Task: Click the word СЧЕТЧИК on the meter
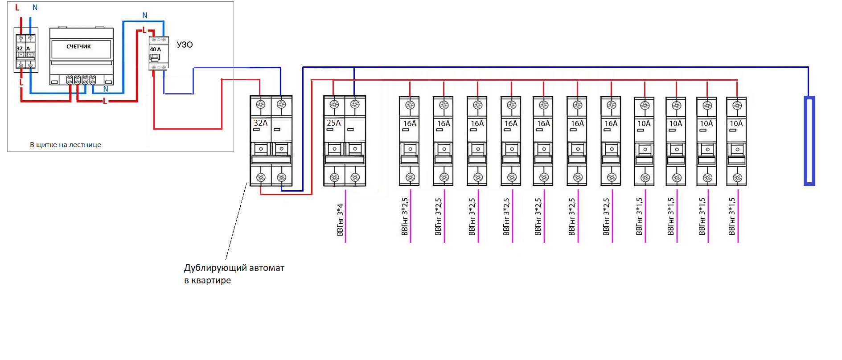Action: (x=78, y=46)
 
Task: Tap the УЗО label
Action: (x=185, y=45)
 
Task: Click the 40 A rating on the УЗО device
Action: (x=156, y=49)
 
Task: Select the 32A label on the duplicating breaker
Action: (x=261, y=123)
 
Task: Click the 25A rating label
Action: (x=334, y=123)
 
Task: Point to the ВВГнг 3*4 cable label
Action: (x=340, y=220)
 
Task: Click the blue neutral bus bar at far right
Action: (x=809, y=140)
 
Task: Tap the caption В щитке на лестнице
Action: (x=66, y=145)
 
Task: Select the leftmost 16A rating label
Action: (x=410, y=123)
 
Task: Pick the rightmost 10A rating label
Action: (x=736, y=123)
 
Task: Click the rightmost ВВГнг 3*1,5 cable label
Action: (x=732, y=217)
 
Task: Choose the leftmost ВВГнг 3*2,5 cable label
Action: (x=405, y=217)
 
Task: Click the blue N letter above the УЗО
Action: (x=144, y=16)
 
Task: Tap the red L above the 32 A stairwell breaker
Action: (x=17, y=8)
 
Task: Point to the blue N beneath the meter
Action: (x=106, y=89)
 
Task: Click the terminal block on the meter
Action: (x=81, y=80)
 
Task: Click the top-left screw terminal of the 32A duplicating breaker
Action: (x=261, y=105)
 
